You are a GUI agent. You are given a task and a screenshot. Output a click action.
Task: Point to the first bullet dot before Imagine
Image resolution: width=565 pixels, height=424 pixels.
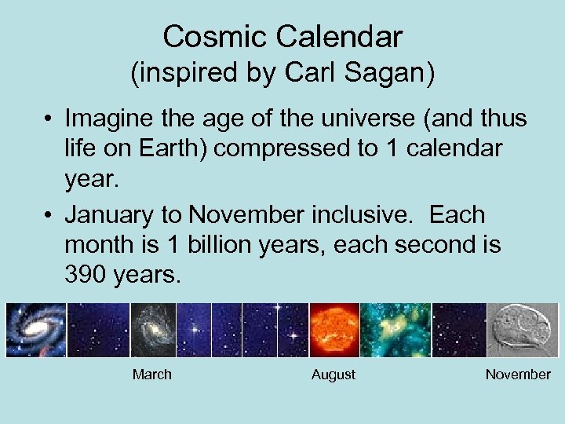[49, 120]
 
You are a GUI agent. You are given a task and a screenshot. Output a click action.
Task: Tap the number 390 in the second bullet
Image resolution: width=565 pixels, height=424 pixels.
[87, 274]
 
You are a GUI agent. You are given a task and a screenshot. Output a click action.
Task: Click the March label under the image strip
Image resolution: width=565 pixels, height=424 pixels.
[151, 375]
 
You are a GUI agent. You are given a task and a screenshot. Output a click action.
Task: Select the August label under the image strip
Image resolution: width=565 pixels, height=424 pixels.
[334, 375]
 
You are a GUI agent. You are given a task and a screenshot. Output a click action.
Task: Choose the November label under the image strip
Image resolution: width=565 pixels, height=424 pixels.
[518, 375]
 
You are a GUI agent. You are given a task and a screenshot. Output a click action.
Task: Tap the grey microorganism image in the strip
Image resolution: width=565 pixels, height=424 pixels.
[522, 330]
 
